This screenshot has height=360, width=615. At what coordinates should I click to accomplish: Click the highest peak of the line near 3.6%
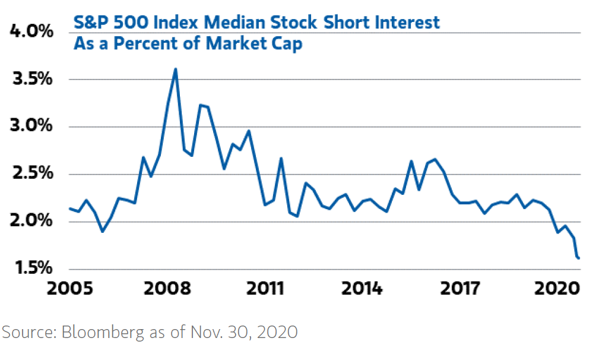(176, 69)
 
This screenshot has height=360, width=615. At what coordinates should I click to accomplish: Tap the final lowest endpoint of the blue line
(578, 258)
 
